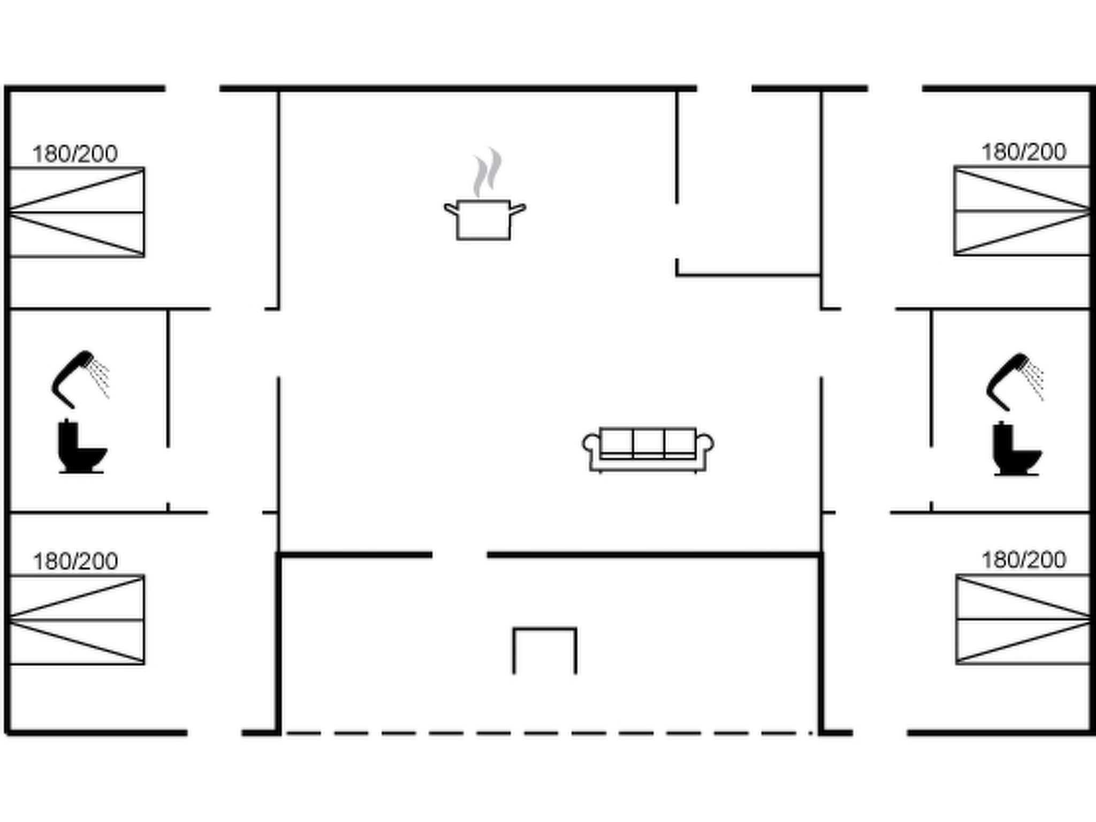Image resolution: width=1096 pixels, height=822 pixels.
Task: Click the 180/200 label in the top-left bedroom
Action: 75,154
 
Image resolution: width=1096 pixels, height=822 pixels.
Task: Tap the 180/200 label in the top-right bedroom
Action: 1024,153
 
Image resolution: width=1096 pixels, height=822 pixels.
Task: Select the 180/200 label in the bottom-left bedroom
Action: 75,561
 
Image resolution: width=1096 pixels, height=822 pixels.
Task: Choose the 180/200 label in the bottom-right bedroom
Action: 1024,560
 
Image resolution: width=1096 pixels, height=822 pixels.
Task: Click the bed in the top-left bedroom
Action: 77,212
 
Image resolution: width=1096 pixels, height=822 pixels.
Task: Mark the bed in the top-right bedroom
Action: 1022,211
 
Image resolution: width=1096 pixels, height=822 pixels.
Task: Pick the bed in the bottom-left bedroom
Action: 77,620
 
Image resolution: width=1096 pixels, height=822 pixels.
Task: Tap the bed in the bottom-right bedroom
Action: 1023,619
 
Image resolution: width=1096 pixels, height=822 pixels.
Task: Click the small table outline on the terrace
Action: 545,629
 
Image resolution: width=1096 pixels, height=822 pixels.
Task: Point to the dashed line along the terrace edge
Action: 550,733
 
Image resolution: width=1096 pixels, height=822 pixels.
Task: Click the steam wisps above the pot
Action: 487,172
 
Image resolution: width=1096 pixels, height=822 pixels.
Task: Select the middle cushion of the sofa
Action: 648,442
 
